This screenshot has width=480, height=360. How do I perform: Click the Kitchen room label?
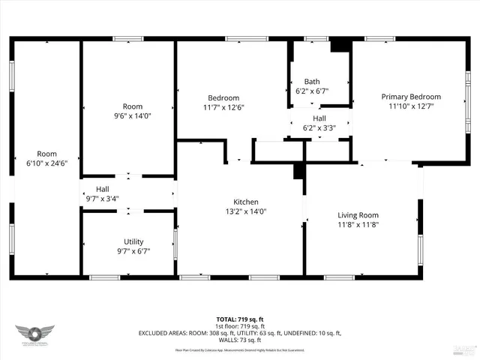[x=245, y=202]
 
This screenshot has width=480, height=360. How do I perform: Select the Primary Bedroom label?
[x=410, y=97]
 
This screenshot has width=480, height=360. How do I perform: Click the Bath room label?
[x=312, y=82]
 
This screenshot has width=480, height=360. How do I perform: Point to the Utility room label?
[x=133, y=241]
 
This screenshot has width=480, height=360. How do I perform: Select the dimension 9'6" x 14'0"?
[x=132, y=115]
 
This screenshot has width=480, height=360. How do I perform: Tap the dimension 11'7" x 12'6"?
[x=223, y=107]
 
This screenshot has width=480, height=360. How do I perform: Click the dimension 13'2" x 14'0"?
[x=245, y=211]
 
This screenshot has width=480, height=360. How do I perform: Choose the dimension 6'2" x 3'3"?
[x=319, y=127]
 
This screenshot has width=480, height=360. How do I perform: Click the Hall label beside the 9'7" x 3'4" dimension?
[x=103, y=189]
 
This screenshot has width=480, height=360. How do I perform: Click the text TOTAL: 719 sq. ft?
[x=240, y=319]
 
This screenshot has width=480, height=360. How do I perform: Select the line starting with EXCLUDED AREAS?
[x=240, y=333]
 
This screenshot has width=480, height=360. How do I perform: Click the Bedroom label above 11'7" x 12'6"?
[x=223, y=97]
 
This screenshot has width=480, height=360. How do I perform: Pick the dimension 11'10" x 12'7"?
[x=410, y=106]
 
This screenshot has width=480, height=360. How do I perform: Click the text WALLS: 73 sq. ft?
[x=240, y=340]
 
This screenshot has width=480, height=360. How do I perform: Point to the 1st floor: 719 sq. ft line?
[x=240, y=326]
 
